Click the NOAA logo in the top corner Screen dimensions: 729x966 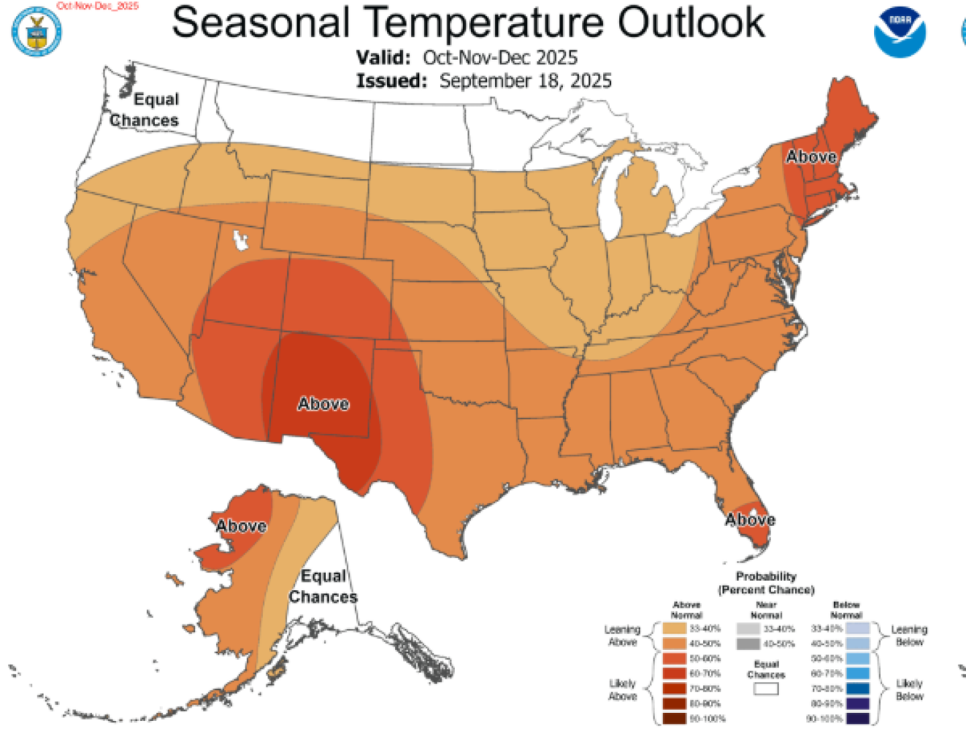(x=899, y=32)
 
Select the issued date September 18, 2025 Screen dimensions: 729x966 (x=525, y=81)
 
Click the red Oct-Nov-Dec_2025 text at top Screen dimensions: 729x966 (x=98, y=5)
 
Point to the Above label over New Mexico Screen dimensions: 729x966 (x=323, y=404)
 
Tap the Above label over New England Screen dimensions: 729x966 (x=811, y=156)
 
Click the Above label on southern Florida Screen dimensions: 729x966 (x=750, y=520)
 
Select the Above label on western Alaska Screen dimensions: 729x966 (x=241, y=526)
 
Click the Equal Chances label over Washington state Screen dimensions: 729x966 (x=146, y=110)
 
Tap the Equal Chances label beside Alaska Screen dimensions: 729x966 (x=323, y=586)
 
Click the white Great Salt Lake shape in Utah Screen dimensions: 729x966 (x=238, y=240)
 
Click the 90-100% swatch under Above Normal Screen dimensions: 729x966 (x=674, y=718)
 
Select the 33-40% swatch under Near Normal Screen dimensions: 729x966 (x=748, y=629)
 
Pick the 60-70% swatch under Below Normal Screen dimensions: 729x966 (x=858, y=673)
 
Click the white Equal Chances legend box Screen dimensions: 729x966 (x=765, y=689)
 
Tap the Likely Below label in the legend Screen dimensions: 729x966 (x=909, y=689)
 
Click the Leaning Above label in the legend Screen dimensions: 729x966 (x=622, y=635)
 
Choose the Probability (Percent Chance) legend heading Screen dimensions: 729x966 (x=766, y=583)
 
